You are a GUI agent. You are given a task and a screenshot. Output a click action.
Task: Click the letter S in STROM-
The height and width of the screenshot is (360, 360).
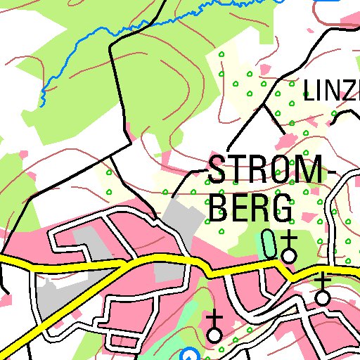(x=218, y=171)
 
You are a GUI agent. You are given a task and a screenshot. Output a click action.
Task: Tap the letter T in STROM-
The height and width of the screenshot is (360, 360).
(x=238, y=171)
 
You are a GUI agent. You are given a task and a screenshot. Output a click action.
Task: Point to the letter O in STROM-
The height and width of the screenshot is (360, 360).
(x=279, y=171)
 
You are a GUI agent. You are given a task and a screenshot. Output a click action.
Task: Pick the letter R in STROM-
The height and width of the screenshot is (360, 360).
(x=257, y=171)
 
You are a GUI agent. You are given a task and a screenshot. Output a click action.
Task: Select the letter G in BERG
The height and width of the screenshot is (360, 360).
(x=282, y=207)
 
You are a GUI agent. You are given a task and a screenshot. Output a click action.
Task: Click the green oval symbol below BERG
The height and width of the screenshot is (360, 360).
(x=269, y=243)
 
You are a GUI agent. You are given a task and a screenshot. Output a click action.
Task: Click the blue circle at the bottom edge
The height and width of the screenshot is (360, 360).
(x=188, y=356)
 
